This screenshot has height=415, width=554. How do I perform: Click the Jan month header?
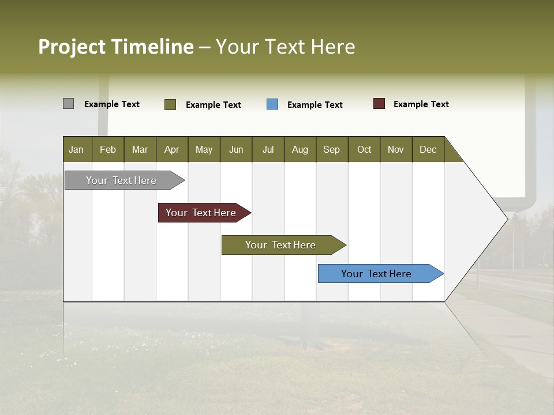(x=76, y=149)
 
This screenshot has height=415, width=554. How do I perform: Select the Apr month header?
(x=171, y=149)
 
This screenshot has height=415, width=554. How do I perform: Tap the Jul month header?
(x=268, y=149)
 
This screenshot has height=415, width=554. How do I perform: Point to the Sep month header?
(x=331, y=149)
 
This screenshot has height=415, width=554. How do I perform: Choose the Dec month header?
(x=428, y=149)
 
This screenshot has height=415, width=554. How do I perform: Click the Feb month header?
(x=108, y=149)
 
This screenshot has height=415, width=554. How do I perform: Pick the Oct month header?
(x=364, y=149)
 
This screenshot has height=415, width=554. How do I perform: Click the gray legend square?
(x=68, y=104)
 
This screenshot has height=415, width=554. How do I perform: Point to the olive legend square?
(x=170, y=104)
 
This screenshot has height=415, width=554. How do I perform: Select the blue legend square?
(x=272, y=104)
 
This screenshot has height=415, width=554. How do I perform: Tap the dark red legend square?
(x=379, y=104)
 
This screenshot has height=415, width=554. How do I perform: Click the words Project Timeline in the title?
(x=116, y=47)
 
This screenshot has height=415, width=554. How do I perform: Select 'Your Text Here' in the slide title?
(x=285, y=47)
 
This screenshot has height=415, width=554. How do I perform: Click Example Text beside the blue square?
(x=315, y=105)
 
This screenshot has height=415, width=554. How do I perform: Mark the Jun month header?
(x=236, y=149)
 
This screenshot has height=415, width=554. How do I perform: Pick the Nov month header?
(x=396, y=149)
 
